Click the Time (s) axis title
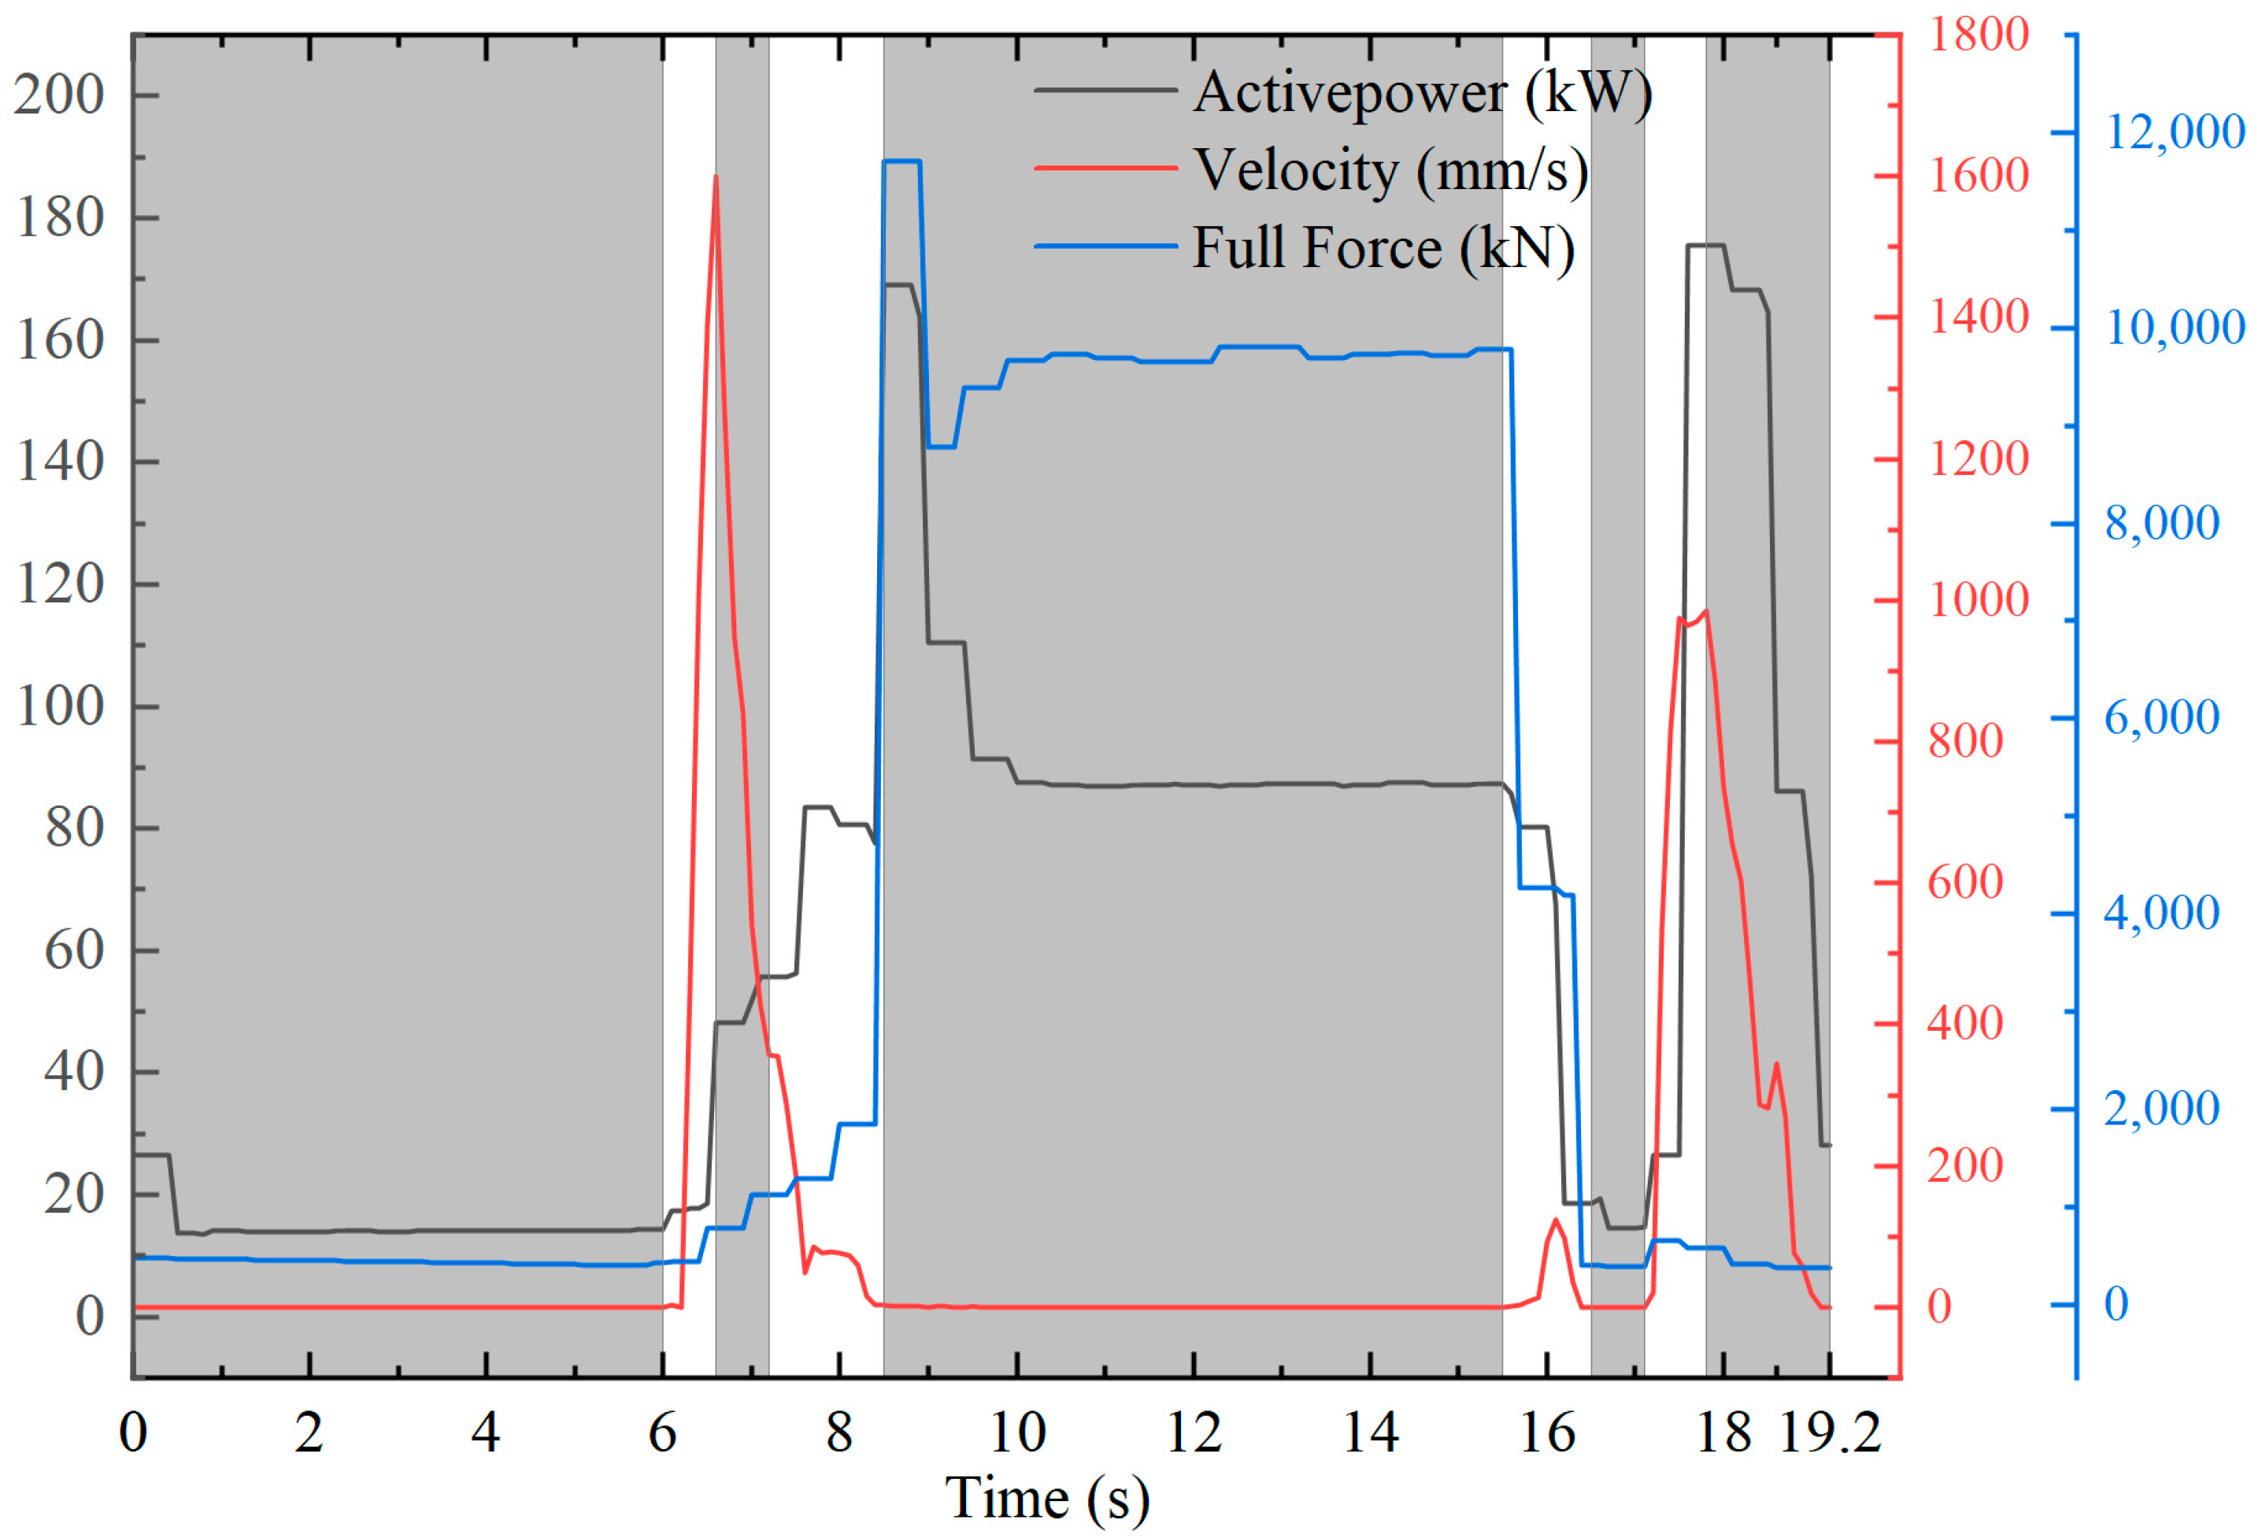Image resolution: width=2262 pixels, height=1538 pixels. coord(1047,1497)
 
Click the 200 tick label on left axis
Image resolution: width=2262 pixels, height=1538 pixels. coord(58,95)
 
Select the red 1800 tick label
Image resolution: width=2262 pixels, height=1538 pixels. coord(1978,35)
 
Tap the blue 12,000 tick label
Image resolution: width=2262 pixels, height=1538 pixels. coord(2175,132)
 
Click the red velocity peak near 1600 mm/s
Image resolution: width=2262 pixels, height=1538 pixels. coord(716,178)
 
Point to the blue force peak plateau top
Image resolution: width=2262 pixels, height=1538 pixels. coord(901,161)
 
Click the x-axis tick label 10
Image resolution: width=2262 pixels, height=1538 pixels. coord(1016,1433)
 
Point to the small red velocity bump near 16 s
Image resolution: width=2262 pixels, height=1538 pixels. coord(1555,1221)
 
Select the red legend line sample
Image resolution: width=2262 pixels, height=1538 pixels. coord(1105,169)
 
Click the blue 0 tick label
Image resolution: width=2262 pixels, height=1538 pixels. coord(2116,1304)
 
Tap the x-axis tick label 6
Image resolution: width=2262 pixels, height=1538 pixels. coord(662,1433)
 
